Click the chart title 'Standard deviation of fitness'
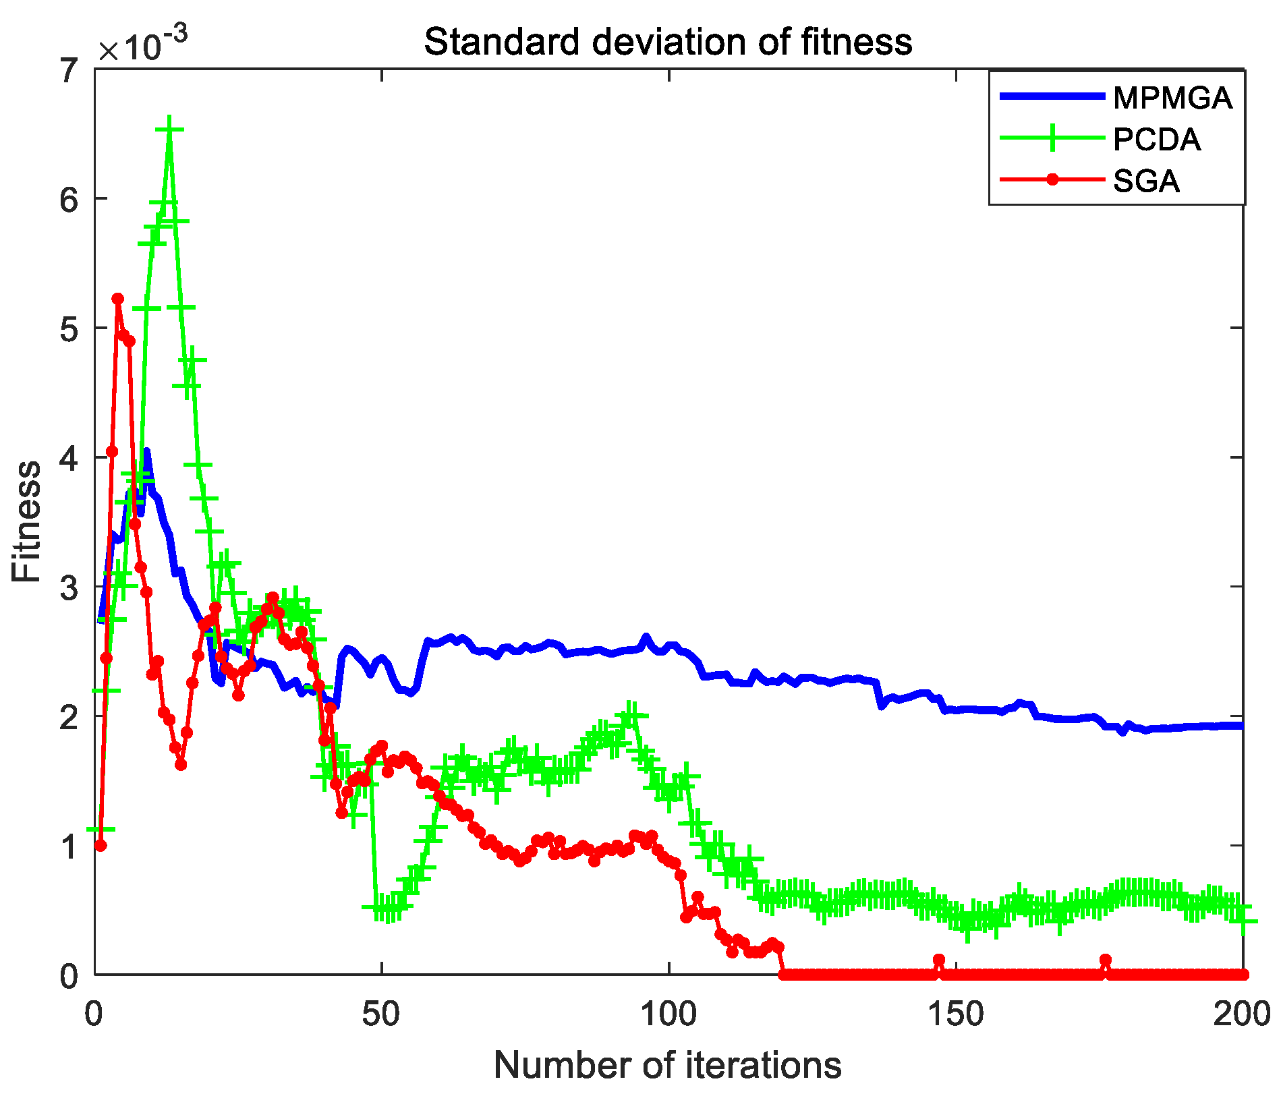[x=668, y=42]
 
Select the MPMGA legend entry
[x=1172, y=98]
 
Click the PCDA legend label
[x=1157, y=140]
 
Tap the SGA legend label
[x=1147, y=181]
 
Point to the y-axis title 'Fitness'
[x=27, y=521]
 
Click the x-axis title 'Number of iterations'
[x=668, y=1065]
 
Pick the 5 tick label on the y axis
[x=69, y=328]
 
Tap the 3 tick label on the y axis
[x=69, y=587]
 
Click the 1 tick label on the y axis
[x=69, y=846]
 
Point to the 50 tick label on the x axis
[x=382, y=1014]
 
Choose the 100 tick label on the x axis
[x=668, y=1014]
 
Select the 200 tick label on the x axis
[x=1241, y=1014]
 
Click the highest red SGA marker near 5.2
[x=118, y=299]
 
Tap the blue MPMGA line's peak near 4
[x=146, y=452]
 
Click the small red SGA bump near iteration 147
[x=938, y=960]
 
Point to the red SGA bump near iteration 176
[x=1105, y=960]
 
